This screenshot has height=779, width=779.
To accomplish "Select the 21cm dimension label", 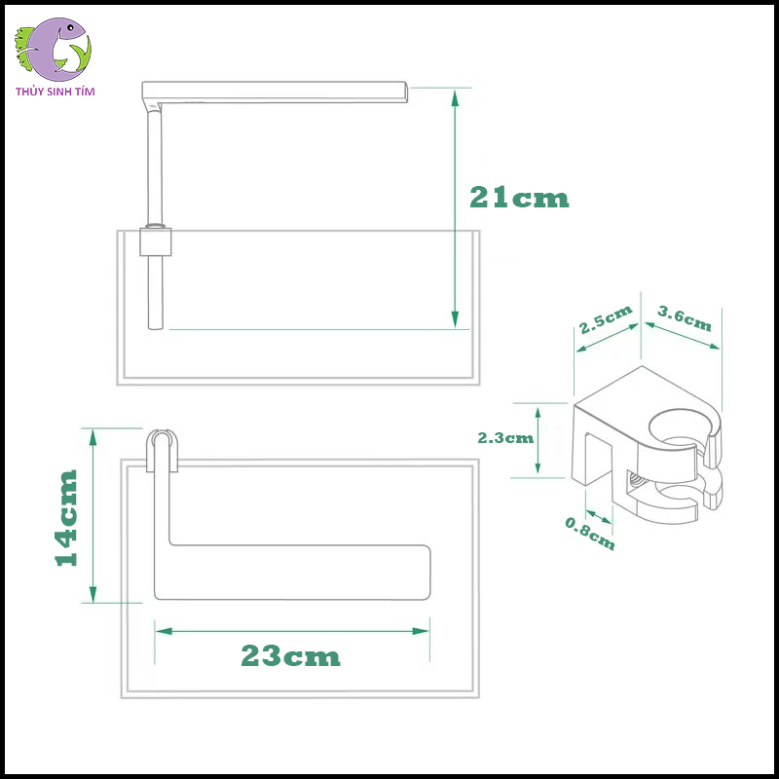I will coord(519,198).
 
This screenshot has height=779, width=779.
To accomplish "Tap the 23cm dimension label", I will coord(291,656).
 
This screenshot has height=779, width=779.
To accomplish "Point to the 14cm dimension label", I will coord(65,517).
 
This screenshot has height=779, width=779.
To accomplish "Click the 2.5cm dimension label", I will coord(605,320).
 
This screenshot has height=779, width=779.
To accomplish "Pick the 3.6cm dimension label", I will coord(685,319).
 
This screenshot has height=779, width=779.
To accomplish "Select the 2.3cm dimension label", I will coord(505,437).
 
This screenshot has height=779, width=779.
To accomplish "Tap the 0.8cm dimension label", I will coord(590,532).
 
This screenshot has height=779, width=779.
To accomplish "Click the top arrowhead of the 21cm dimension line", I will coord(455,94).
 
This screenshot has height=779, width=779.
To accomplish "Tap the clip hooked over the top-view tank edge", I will coord(163,451).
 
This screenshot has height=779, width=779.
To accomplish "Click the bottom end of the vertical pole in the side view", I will coord(155,325).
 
